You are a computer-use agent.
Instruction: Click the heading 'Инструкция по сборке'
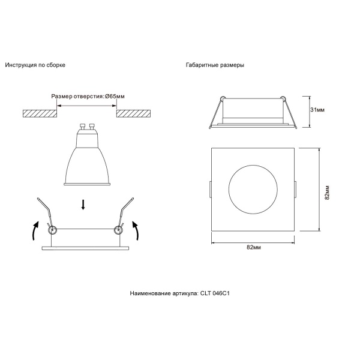(35, 64)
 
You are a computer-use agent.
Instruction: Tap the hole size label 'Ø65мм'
(115, 96)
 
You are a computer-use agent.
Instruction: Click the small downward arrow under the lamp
(83, 205)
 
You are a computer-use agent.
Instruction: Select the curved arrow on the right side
(136, 230)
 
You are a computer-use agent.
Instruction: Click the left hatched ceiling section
(39, 113)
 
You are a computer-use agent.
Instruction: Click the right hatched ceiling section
(133, 113)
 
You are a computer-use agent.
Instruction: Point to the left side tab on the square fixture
(210, 189)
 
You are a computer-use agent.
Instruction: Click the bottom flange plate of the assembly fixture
(85, 247)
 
